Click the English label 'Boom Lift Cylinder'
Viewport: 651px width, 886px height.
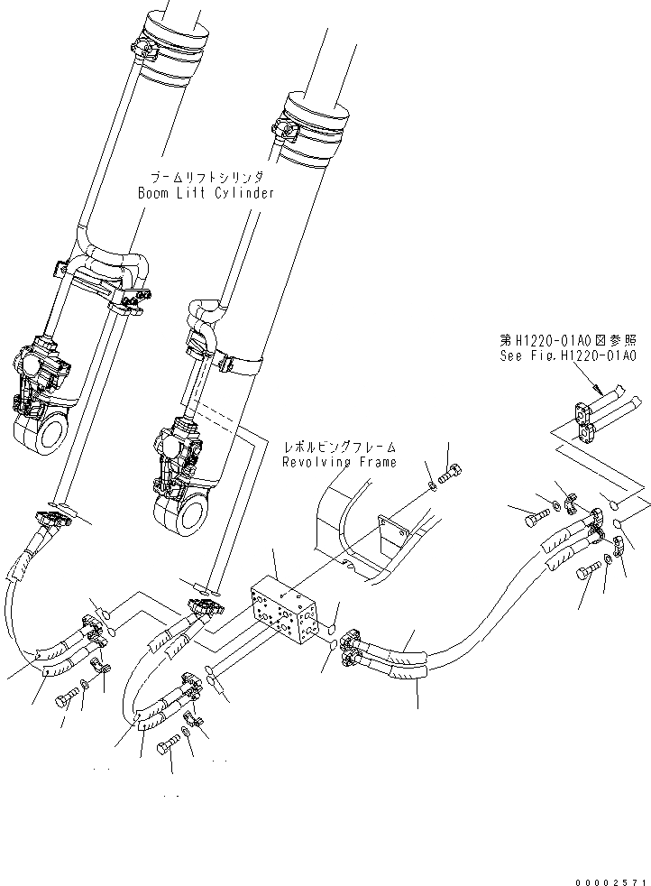[x=205, y=193]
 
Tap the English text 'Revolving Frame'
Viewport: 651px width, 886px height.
[x=339, y=462]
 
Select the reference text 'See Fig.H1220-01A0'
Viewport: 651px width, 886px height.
[x=568, y=356]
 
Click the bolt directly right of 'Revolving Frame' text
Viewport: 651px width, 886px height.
[x=452, y=471]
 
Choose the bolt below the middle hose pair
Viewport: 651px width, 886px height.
[x=170, y=748]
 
